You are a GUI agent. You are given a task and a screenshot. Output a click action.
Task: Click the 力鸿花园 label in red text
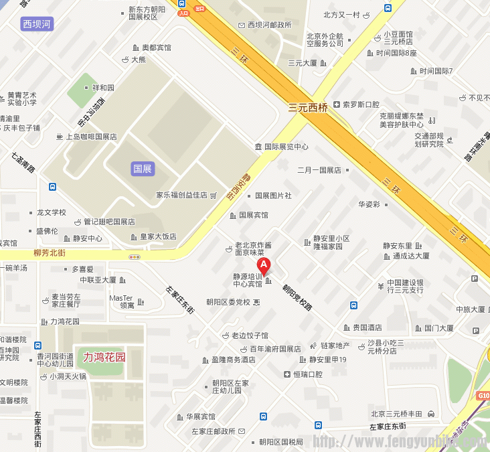tap(104, 357)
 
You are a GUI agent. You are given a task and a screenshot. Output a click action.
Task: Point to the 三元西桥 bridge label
tap(308, 106)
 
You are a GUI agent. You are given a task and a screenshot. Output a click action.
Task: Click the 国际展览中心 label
tap(286, 147)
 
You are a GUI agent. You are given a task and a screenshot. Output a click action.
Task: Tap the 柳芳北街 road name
tap(50, 253)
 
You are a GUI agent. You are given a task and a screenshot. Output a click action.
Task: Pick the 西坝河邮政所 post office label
tap(270, 25)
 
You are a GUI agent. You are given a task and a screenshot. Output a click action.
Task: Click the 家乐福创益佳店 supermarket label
tap(181, 195)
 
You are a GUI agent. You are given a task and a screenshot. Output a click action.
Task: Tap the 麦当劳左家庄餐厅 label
tap(66, 300)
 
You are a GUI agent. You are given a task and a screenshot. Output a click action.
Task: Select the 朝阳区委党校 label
tap(228, 302)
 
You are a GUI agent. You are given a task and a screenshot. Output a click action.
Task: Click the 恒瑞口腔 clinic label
tap(308, 374)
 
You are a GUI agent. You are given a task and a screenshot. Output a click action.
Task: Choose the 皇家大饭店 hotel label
tap(158, 236)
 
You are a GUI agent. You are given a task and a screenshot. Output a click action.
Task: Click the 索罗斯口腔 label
tap(361, 104)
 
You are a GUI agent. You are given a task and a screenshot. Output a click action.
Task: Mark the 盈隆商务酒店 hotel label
tap(234, 360)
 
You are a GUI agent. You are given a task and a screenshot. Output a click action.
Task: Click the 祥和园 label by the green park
tap(104, 88)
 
